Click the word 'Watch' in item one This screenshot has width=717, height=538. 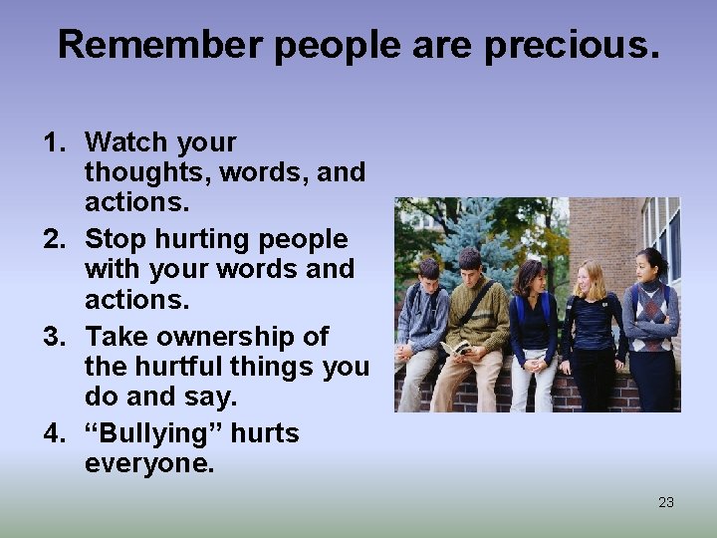(x=125, y=142)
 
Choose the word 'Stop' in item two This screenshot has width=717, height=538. (x=115, y=239)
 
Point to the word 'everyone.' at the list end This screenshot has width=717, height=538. (x=149, y=463)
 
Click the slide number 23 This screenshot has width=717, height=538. (x=666, y=502)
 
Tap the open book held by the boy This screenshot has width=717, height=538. (x=455, y=348)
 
